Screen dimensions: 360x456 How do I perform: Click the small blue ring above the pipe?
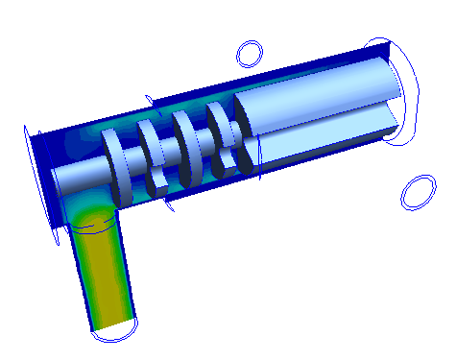250,53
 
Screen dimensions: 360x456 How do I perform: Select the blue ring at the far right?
418,192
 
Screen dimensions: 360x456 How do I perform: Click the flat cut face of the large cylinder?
326,139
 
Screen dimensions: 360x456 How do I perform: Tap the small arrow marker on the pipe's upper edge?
149,99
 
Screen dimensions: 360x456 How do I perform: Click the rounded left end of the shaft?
56,180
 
